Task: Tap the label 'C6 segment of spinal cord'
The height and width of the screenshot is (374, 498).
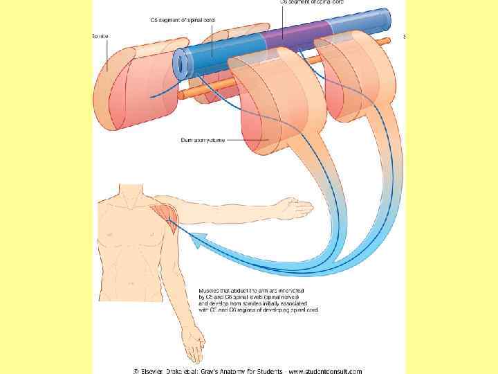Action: (183, 20)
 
